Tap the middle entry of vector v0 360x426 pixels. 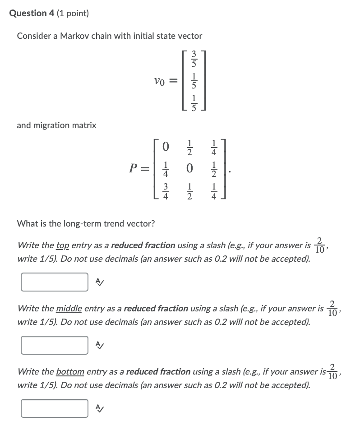pyautogui.click(x=194, y=82)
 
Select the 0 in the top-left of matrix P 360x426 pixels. pyautogui.click(x=166, y=147)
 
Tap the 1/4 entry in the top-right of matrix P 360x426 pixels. pyautogui.click(x=214, y=147)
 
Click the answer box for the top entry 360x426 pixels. pyautogui.click(x=55, y=282)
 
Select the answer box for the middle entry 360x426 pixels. pyautogui.click(x=55, y=345)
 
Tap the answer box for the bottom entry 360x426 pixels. pyautogui.click(x=55, y=408)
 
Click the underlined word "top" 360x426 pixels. pyautogui.click(x=63, y=246)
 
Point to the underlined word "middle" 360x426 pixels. pyautogui.click(x=69, y=309)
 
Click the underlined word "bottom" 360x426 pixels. pyautogui.click(x=70, y=372)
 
